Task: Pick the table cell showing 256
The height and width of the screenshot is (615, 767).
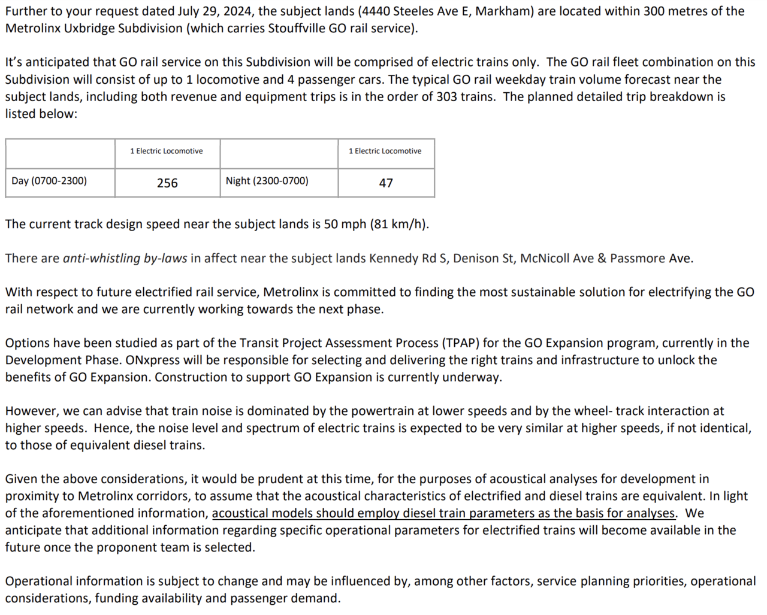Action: [x=167, y=183]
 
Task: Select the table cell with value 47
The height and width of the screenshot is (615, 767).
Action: [x=386, y=183]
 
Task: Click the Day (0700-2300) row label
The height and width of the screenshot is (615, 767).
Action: [x=49, y=181]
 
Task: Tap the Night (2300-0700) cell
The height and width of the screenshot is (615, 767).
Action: [x=267, y=181]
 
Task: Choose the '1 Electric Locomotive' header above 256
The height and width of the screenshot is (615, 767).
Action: [x=167, y=151]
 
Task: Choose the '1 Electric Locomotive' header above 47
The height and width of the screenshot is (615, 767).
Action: [x=385, y=151]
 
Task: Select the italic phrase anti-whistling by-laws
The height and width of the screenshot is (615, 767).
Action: [x=125, y=259]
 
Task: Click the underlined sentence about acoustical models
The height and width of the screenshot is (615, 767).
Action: [x=444, y=514]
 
